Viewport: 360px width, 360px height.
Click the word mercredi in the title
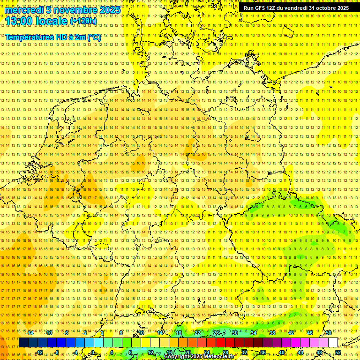[x=23, y=10]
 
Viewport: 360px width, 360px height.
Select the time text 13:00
[x=18, y=21]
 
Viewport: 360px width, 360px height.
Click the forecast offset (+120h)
[x=83, y=21]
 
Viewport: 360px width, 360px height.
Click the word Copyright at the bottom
[x=178, y=357]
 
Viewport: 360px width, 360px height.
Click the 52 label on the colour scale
[x=338, y=352]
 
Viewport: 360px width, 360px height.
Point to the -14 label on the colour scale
[x=30, y=333]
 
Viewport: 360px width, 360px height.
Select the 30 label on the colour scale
[x=234, y=333]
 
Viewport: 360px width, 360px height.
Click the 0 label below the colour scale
[x=92, y=352]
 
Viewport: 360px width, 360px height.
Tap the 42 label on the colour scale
[x=291, y=333]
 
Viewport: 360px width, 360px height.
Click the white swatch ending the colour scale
[x=333, y=343]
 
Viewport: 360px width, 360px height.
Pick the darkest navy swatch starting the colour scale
[x=23, y=343]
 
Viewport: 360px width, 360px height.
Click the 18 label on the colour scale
[x=179, y=333]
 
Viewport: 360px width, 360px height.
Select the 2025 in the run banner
[x=341, y=8]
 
